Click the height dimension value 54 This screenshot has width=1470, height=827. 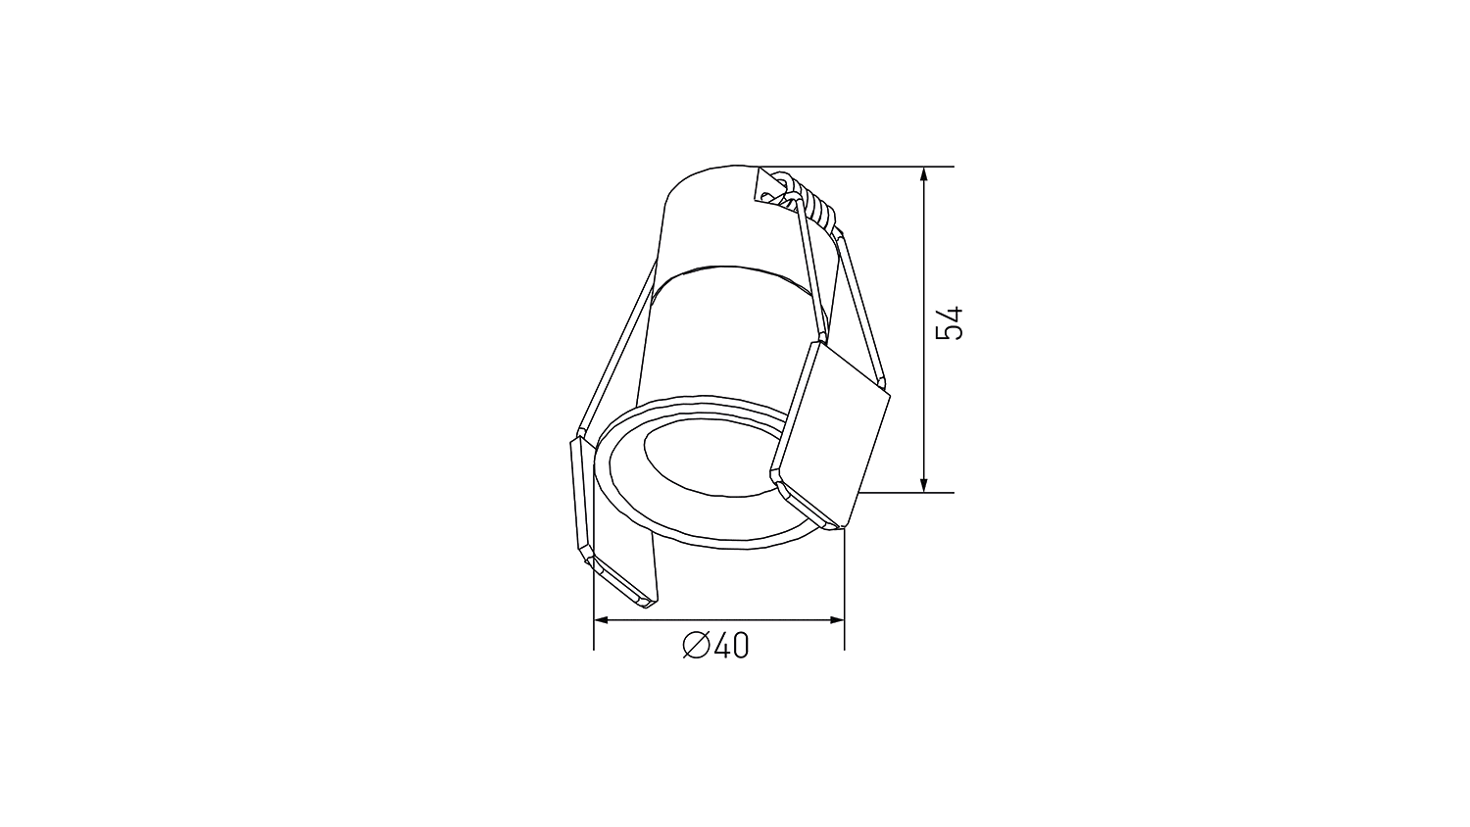(949, 323)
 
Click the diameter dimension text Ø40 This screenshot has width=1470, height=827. (715, 646)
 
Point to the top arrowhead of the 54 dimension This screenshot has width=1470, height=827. (923, 174)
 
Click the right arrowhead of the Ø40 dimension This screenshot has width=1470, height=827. (837, 620)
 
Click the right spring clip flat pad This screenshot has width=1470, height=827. (833, 431)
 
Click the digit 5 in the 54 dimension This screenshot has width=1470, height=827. (949, 334)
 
